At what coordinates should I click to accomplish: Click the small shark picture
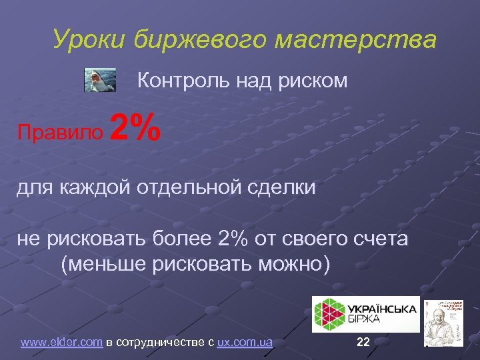coord(99,80)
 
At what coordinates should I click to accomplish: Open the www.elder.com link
coord(61,343)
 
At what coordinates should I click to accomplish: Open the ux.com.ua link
coord(245,343)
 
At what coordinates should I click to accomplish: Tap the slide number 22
coord(363,343)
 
